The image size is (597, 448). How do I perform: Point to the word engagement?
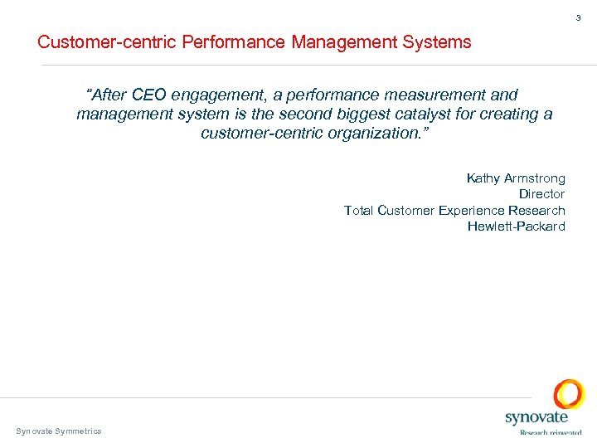point(222,96)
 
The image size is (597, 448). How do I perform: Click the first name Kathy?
point(483,178)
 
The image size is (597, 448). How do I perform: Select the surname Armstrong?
point(535,178)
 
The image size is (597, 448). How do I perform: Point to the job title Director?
point(541,194)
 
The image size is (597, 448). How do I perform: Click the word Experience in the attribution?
point(473,210)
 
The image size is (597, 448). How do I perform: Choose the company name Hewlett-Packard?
point(516,226)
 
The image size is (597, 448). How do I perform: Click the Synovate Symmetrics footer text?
point(59,431)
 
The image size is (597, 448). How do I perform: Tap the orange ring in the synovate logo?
point(569,395)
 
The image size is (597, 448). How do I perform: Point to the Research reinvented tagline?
point(550,431)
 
